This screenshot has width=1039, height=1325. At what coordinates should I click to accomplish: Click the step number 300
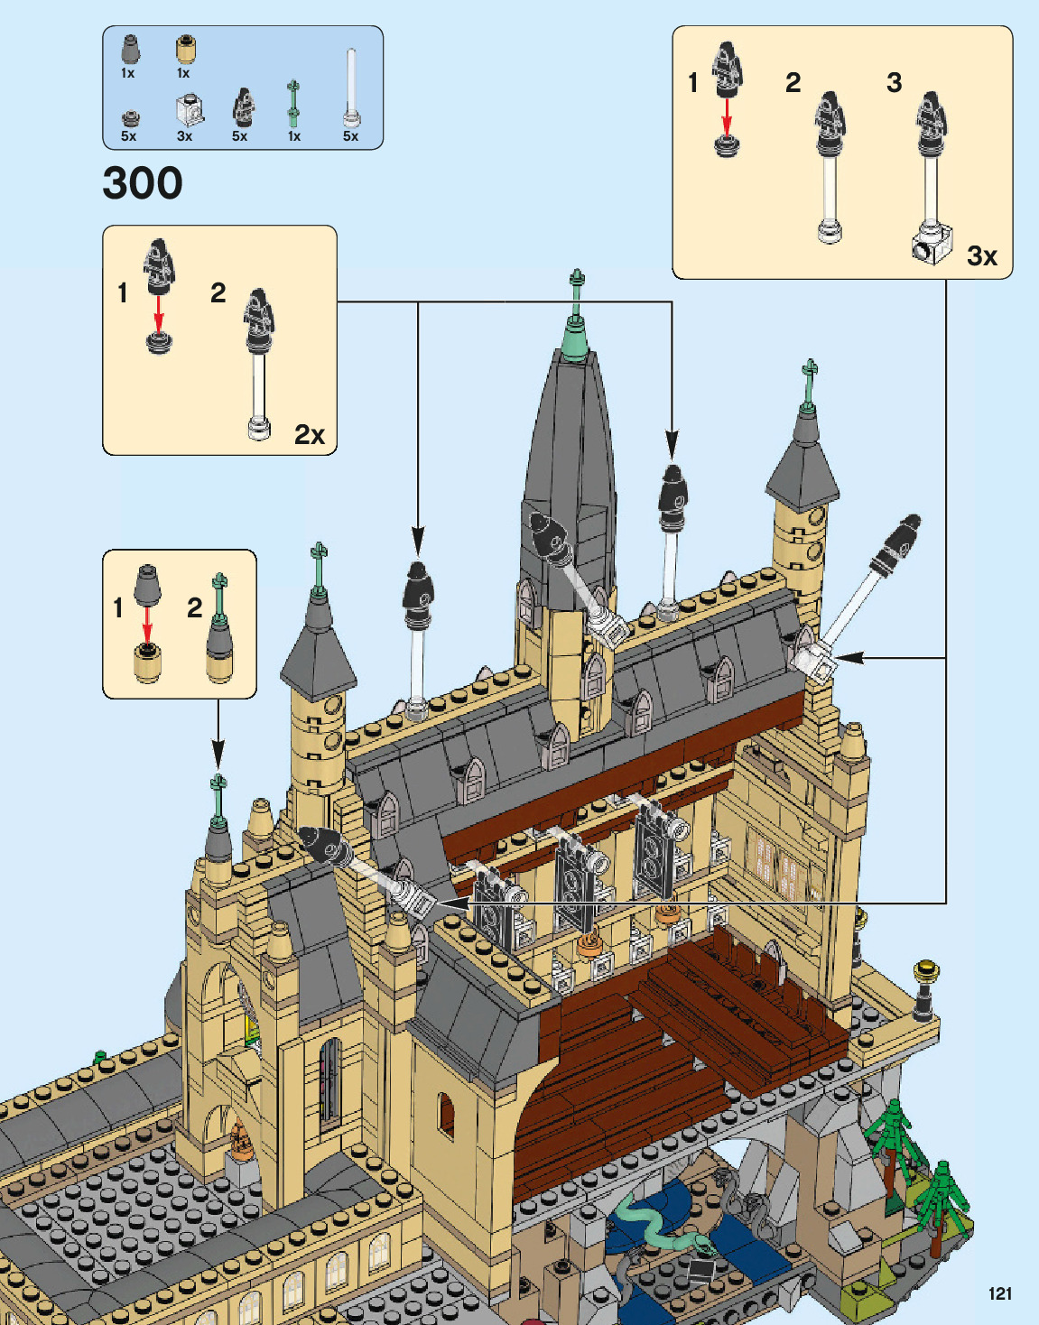pyautogui.click(x=143, y=183)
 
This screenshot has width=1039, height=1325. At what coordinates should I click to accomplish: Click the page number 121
pyautogui.click(x=999, y=1293)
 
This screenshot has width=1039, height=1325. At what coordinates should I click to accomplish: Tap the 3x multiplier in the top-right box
pyautogui.click(x=981, y=256)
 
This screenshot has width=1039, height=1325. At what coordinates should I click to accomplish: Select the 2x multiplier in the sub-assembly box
pyautogui.click(x=309, y=435)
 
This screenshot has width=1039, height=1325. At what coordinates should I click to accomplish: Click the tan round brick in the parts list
pyautogui.click(x=185, y=49)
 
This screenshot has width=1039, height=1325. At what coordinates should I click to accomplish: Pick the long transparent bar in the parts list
pyautogui.click(x=351, y=87)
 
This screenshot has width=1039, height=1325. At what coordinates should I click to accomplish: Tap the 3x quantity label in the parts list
pyautogui.click(x=184, y=136)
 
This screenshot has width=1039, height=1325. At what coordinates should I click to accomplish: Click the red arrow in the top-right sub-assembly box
pyautogui.click(x=727, y=116)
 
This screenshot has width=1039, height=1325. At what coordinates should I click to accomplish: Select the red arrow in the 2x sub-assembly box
pyautogui.click(x=159, y=314)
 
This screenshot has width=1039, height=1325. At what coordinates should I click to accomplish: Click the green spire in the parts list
pyautogui.click(x=293, y=104)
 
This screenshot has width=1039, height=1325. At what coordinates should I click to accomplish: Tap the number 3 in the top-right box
pyautogui.click(x=894, y=83)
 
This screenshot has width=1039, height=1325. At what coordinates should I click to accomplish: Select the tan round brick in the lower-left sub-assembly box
pyautogui.click(x=146, y=663)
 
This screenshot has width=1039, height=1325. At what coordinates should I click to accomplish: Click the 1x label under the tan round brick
pyautogui.click(x=183, y=73)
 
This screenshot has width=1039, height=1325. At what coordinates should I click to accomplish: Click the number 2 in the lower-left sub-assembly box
pyautogui.click(x=194, y=608)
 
